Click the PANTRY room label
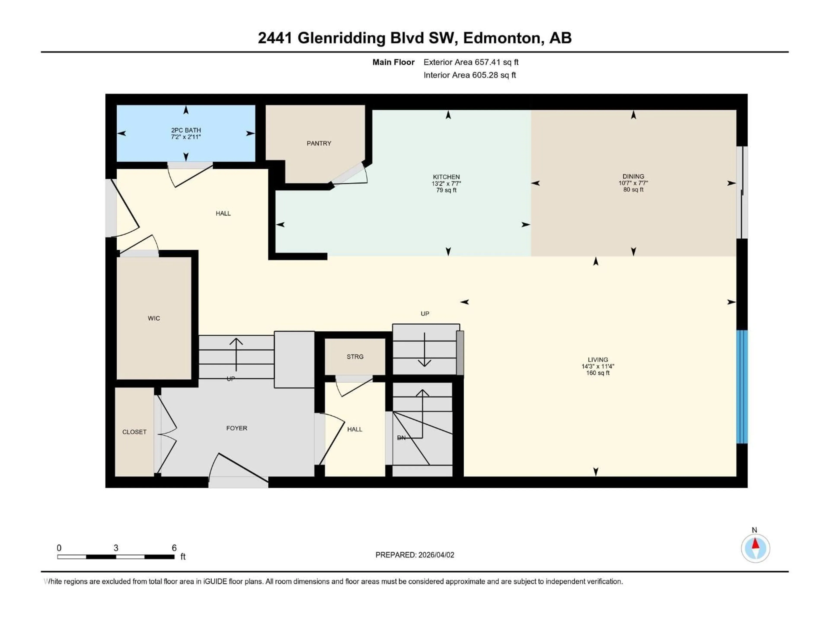point(319,143)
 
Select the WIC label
point(154,318)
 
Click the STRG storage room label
point(355,357)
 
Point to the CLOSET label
point(134,432)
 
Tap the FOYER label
point(236,428)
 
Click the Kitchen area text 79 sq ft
point(446,190)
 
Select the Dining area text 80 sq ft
point(633,190)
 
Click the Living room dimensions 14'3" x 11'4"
point(597,366)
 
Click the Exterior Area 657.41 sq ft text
point(471,62)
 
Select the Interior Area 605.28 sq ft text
point(469,75)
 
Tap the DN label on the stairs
point(401,438)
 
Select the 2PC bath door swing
point(190,175)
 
